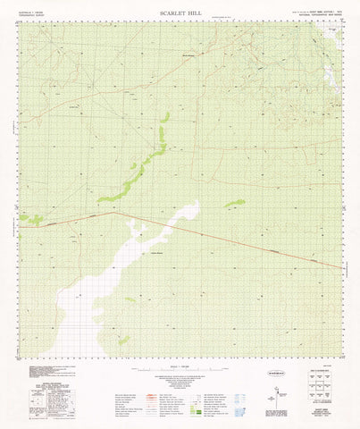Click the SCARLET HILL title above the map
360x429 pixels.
pyautogui.click(x=180, y=14)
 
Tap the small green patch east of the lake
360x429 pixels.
pyautogui.click(x=234, y=204)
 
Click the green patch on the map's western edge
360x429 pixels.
pyautogui.click(x=32, y=218)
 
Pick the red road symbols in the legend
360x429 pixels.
pyautogui.click(x=134, y=393)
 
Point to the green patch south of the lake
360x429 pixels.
pyautogui.click(x=123, y=340)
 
